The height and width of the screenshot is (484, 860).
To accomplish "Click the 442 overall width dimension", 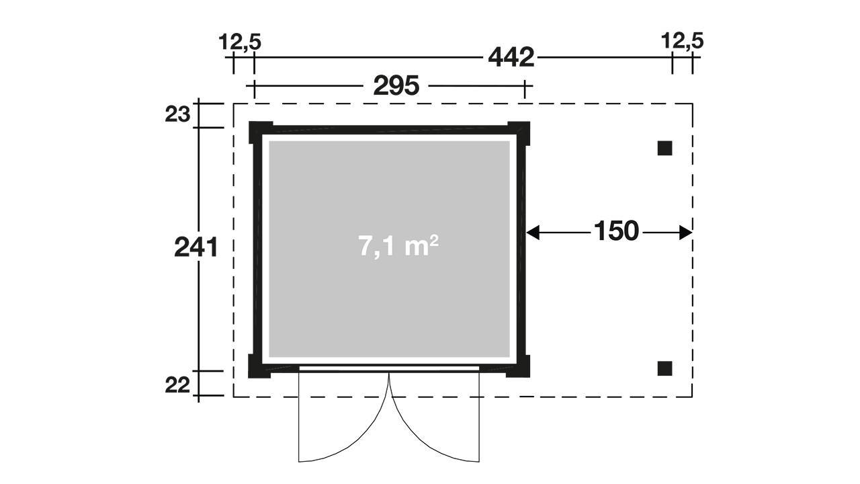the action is click(511, 58).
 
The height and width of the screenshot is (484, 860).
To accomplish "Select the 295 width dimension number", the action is click(396, 85).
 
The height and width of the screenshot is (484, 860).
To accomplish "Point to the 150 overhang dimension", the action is click(616, 231).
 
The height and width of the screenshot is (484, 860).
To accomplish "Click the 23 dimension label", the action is click(177, 114).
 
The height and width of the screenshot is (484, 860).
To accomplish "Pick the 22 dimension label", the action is click(177, 385).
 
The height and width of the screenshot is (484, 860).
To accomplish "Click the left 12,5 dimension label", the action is click(240, 42).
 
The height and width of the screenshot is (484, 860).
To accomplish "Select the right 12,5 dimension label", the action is click(682, 41).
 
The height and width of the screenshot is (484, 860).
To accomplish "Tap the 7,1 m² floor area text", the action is click(398, 246).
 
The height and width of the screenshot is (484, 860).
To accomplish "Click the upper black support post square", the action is click(664, 149).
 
